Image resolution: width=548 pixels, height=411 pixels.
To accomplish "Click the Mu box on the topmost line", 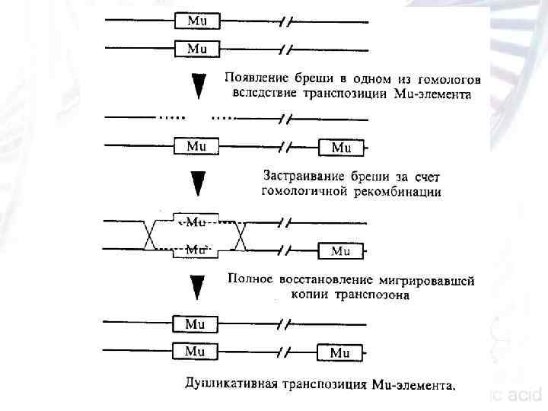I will pyautogui.click(x=197, y=21).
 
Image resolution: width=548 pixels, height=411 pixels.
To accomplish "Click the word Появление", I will pyautogui.click(x=253, y=78).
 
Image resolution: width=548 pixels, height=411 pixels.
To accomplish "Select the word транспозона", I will pyautogui.click(x=374, y=295).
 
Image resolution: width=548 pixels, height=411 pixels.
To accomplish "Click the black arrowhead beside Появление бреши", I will pyautogui.click(x=198, y=86).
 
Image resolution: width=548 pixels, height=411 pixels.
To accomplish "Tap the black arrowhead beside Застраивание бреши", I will pyautogui.click(x=198, y=183).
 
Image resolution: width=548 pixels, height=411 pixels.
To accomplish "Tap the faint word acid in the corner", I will pyautogui.click(x=524, y=395).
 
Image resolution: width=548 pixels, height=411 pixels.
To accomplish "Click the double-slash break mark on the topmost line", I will pyautogui.click(x=285, y=21).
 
